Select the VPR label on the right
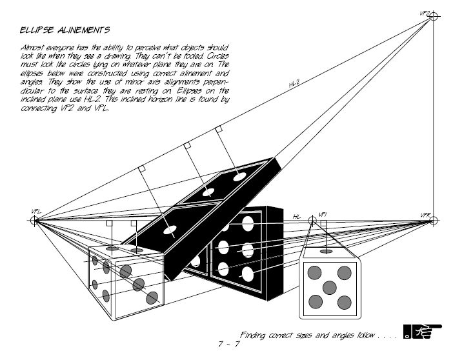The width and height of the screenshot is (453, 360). (x=425, y=214)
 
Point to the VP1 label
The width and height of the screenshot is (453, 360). (x=323, y=214)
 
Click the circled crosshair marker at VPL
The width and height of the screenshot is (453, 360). (x=35, y=221)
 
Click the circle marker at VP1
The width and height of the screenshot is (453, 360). (x=313, y=221)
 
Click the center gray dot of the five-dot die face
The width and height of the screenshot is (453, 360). (x=329, y=286)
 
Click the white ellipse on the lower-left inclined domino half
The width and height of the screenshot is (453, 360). (x=170, y=230)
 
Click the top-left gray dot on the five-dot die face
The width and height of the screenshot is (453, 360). (x=315, y=272)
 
